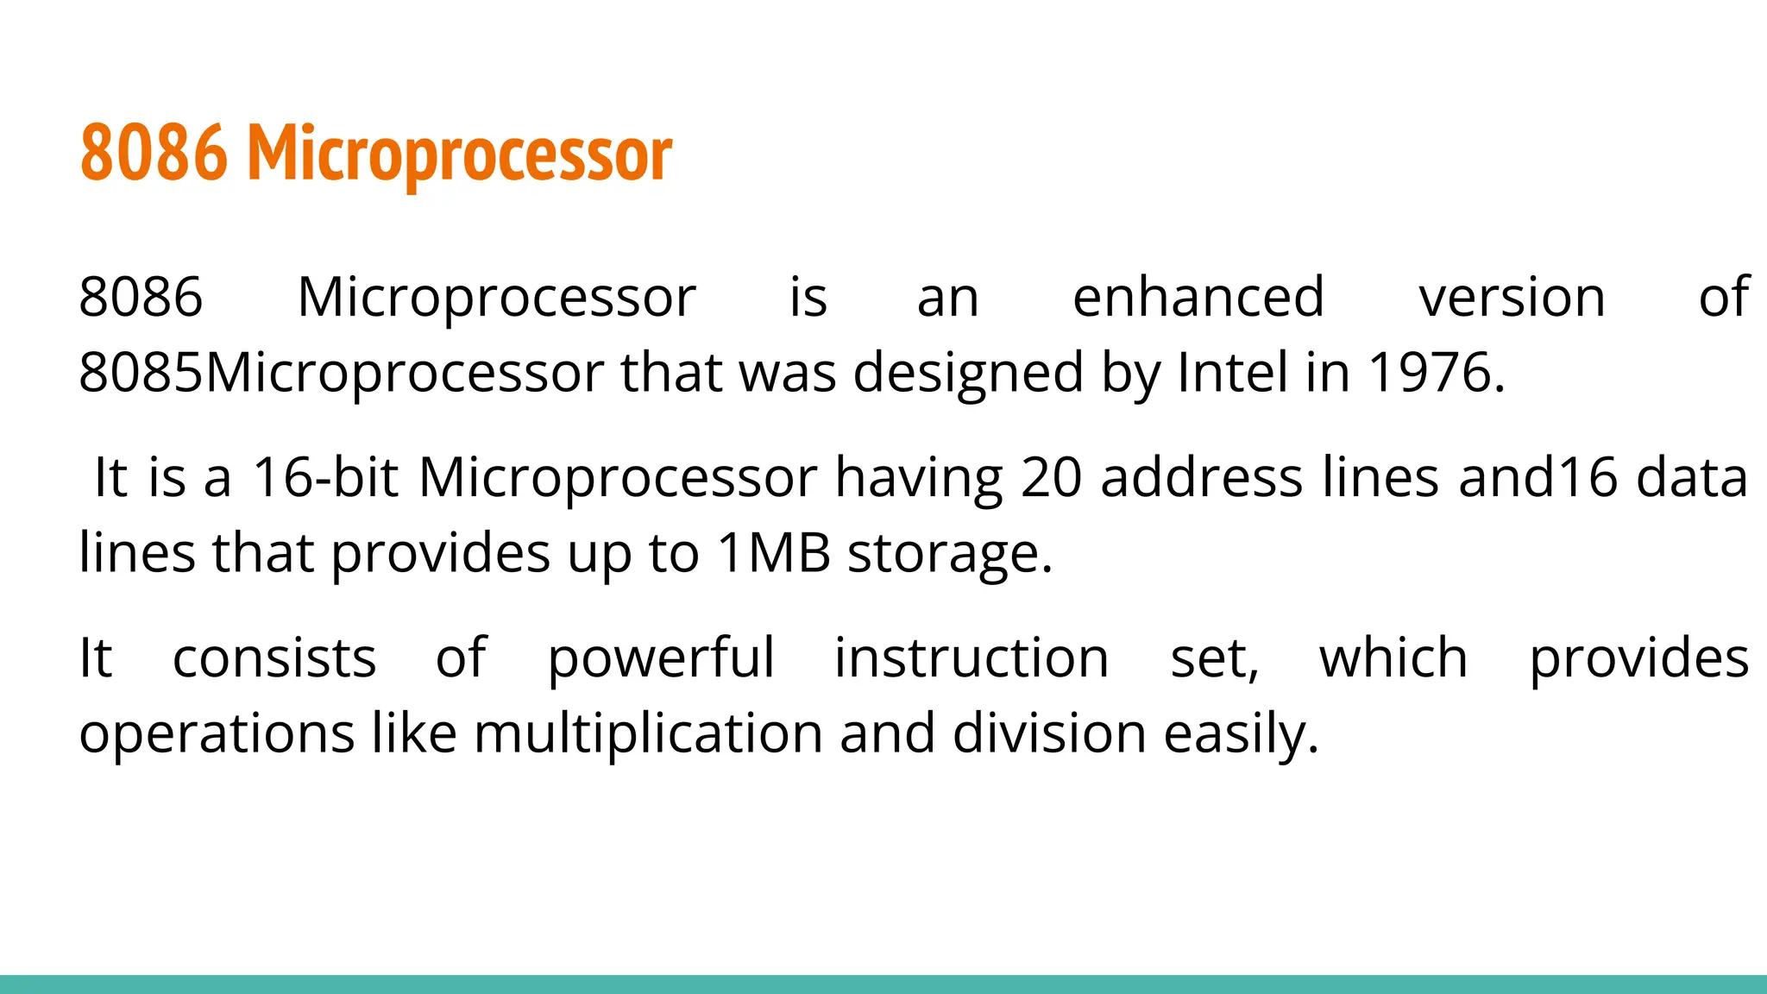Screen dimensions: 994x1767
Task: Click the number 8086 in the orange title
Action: point(154,154)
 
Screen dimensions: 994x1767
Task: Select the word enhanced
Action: point(1198,298)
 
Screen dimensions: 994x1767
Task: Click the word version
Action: point(1512,298)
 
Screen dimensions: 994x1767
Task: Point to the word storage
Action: point(950,554)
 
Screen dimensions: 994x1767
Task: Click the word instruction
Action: point(972,658)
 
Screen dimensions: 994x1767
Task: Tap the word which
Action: point(1393,658)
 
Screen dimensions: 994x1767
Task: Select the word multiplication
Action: point(648,734)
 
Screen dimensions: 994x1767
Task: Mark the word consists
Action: point(274,658)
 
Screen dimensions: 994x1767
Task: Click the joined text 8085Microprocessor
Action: point(341,374)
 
